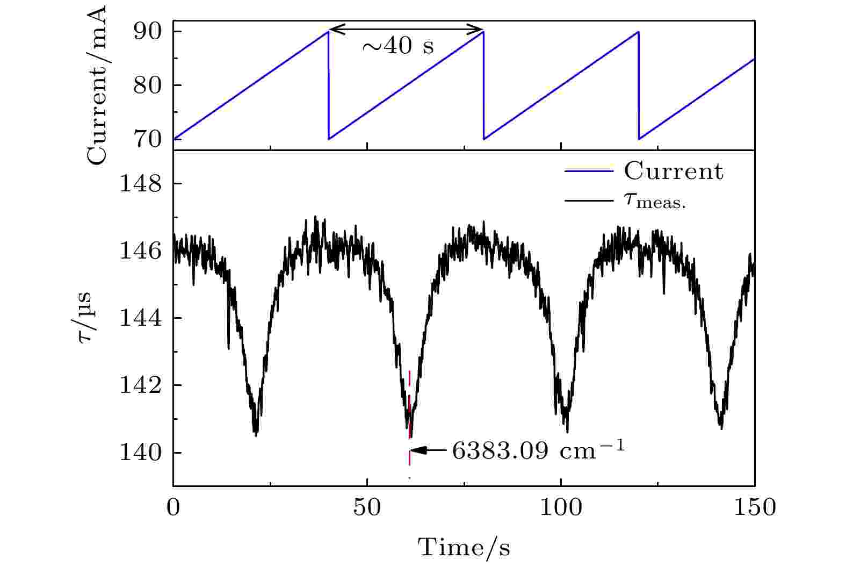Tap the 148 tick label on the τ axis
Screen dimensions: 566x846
click(x=141, y=184)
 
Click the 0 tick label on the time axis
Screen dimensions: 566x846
click(x=173, y=507)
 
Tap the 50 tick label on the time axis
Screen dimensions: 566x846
click(x=367, y=507)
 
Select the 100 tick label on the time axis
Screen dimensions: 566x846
click(x=561, y=507)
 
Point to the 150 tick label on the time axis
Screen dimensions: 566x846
click(x=754, y=507)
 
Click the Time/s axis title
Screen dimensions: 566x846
click(x=464, y=548)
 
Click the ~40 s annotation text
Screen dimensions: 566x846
click(x=398, y=47)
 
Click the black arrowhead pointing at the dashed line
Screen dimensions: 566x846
click(x=419, y=451)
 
